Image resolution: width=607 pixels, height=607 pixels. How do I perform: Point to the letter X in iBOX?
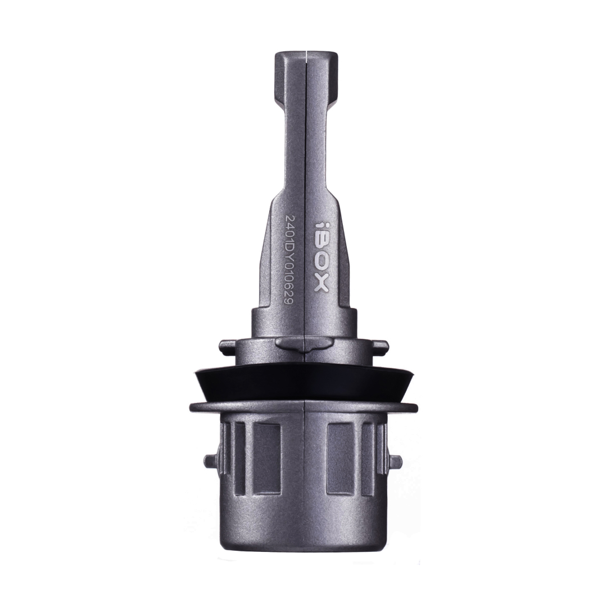pos(320,284)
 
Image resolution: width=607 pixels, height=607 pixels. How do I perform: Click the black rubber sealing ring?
pos(303,384)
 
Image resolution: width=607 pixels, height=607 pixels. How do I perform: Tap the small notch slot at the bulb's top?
pos(306,57)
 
